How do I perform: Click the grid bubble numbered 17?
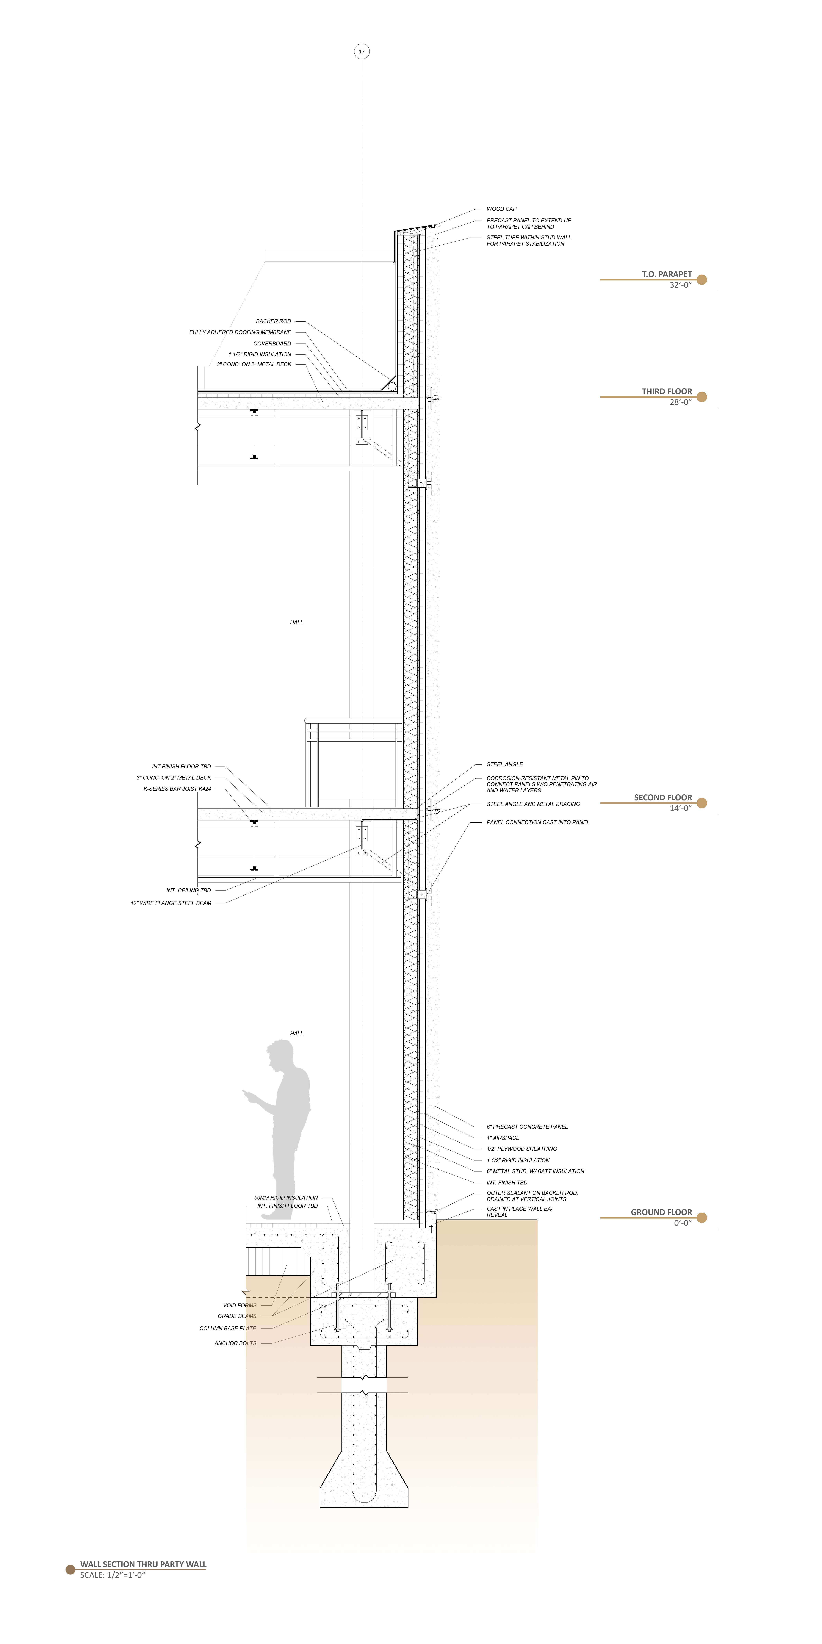[x=362, y=52]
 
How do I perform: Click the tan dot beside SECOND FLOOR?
[x=702, y=803]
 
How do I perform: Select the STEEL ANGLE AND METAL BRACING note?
[x=533, y=804]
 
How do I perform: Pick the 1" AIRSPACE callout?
[x=503, y=1138]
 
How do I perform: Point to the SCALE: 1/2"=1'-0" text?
[x=113, y=1575]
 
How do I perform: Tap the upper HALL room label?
[x=296, y=622]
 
